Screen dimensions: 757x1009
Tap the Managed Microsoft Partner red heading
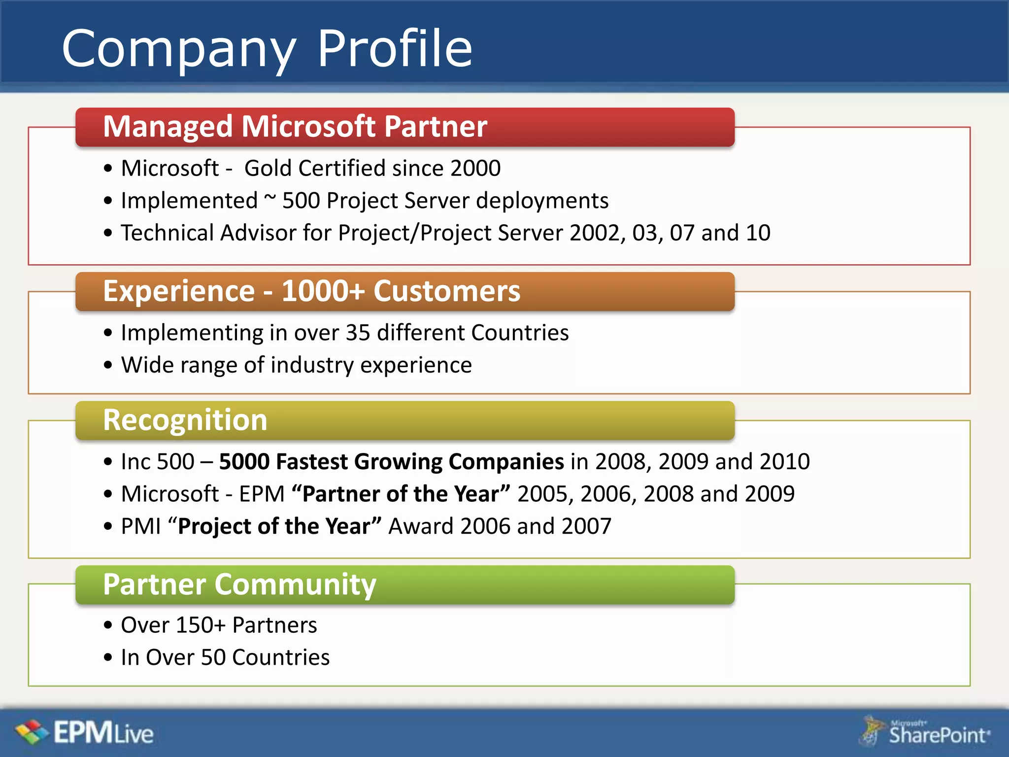click(295, 127)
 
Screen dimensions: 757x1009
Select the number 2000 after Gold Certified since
click(475, 168)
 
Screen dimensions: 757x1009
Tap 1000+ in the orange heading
click(323, 291)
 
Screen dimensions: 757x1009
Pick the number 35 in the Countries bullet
click(358, 333)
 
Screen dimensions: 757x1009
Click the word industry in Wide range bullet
click(312, 365)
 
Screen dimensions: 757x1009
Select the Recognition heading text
click(185, 420)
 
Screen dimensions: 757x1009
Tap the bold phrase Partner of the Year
click(401, 494)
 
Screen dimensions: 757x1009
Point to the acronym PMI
click(141, 526)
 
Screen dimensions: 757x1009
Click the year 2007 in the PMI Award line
click(586, 526)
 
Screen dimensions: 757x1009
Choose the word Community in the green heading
click(295, 585)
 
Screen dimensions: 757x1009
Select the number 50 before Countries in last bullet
click(213, 657)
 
